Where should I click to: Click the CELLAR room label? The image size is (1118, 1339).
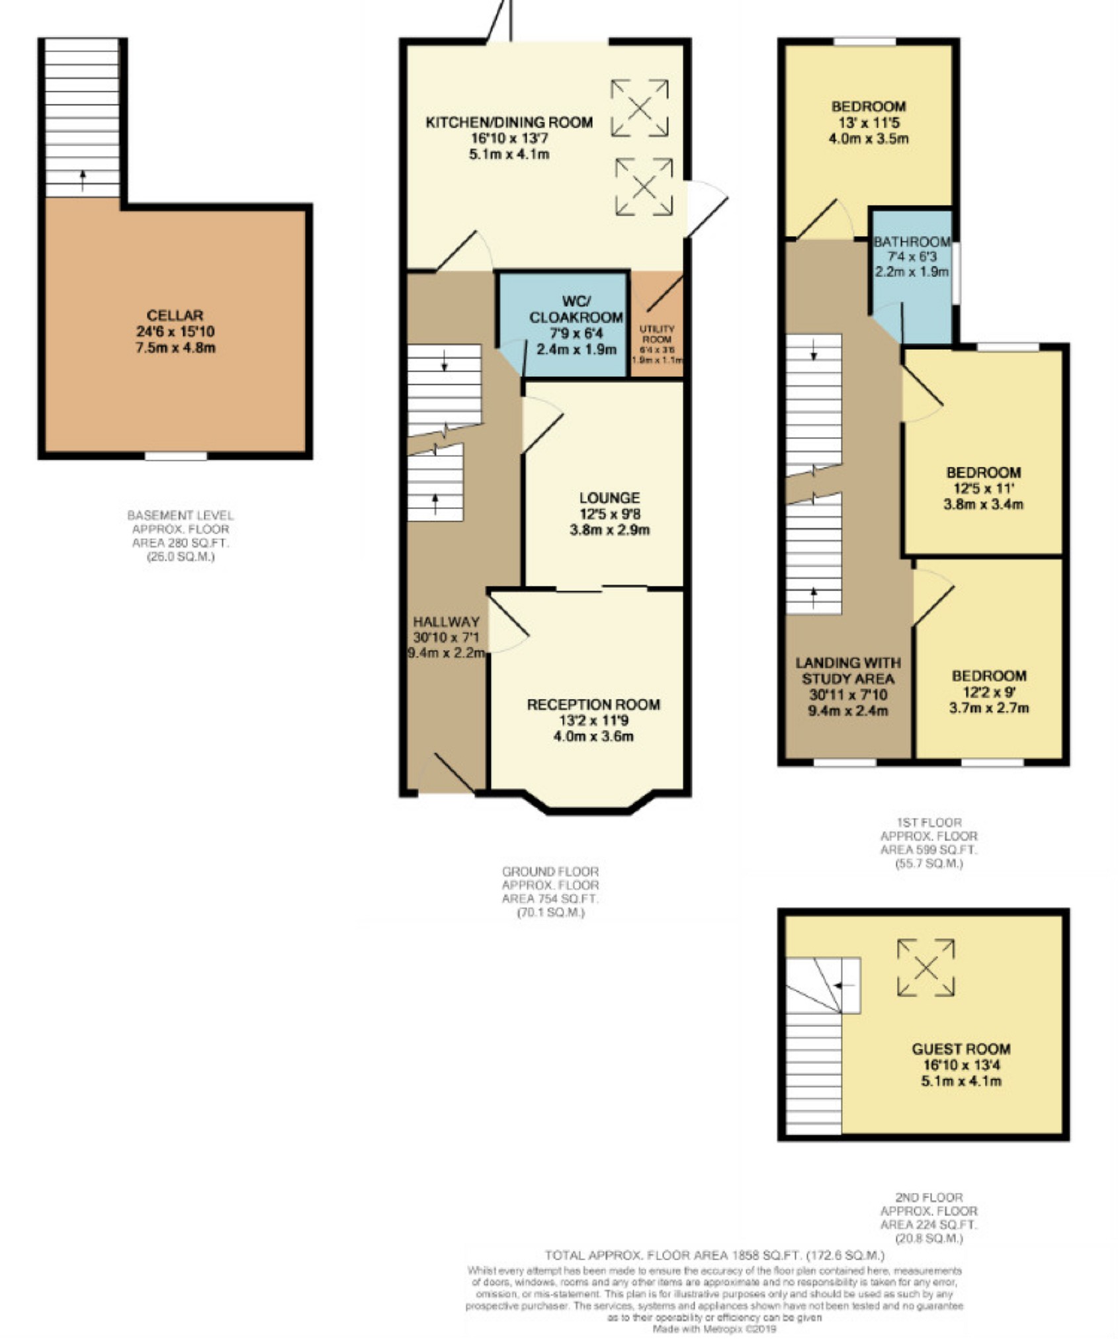tap(175, 315)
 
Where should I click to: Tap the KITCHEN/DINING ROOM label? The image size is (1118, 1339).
tap(509, 122)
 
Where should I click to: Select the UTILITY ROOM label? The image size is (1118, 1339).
tap(657, 334)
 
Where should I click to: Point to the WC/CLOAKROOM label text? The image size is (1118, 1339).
tap(576, 309)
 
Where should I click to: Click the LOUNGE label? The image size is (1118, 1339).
tap(610, 498)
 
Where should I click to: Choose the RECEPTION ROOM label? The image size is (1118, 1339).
tap(593, 705)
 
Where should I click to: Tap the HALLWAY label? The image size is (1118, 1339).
tap(446, 622)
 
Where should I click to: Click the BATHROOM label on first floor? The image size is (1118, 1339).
tap(912, 242)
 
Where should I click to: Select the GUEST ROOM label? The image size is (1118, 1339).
tap(961, 1049)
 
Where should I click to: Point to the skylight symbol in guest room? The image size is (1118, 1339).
tap(925, 967)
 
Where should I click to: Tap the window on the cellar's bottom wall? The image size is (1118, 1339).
tap(176, 456)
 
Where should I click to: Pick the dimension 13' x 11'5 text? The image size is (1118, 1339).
tap(869, 122)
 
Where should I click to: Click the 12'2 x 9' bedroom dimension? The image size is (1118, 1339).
tap(989, 692)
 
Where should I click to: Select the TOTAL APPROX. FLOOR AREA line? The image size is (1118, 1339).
tap(714, 1255)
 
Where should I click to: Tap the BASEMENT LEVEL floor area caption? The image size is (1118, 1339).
tap(181, 536)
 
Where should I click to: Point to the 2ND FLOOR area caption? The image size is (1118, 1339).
tap(929, 1217)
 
